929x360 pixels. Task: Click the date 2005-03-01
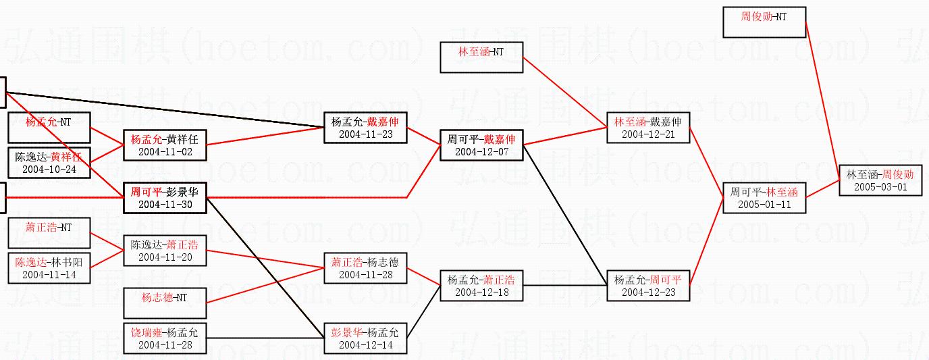(880, 186)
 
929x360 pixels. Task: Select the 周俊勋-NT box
(764, 22)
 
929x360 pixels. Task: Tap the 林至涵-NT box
(481, 57)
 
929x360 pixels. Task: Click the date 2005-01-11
(764, 204)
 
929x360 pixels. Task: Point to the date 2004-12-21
(648, 134)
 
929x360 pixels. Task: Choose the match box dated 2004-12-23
(648, 285)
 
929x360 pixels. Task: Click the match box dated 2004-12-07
(481, 145)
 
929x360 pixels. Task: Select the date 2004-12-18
(481, 292)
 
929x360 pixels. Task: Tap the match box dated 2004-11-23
(365, 128)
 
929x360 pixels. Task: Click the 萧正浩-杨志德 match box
(365, 268)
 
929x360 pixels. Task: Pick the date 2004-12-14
(365, 345)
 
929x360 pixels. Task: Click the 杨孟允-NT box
(49, 128)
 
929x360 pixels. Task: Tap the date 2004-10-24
(49, 169)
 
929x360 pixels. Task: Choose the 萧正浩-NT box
(49, 233)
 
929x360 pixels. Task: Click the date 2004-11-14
(49, 275)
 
